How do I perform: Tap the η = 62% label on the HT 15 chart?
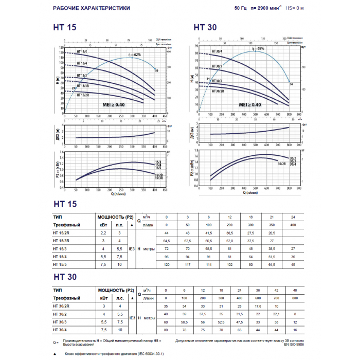tap(131, 55)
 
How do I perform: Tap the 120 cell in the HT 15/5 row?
tap(166, 264)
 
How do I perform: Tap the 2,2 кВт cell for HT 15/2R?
tap(102, 233)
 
